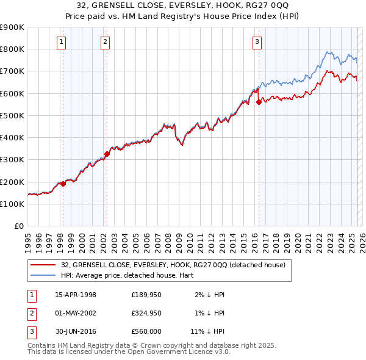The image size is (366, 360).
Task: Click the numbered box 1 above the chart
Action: click(x=62, y=42)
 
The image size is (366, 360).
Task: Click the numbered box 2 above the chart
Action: click(x=106, y=42)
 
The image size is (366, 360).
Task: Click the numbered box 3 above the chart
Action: click(x=257, y=42)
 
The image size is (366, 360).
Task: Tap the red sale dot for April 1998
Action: click(x=63, y=184)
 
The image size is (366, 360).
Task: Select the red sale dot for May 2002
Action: click(x=107, y=154)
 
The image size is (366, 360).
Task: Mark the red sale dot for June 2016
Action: click(x=259, y=102)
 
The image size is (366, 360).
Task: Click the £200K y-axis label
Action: click(x=12, y=182)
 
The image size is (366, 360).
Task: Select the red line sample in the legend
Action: click(x=43, y=265)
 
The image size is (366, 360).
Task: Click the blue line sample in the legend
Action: click(x=43, y=275)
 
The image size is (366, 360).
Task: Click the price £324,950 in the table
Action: click(x=146, y=313)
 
